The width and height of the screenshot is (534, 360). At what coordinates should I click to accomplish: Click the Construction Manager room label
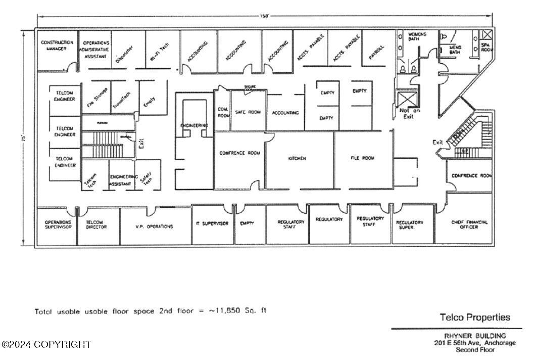click(57, 46)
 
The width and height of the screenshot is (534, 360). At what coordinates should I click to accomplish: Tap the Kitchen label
click(297, 159)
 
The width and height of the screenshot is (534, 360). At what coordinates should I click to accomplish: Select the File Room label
click(363, 158)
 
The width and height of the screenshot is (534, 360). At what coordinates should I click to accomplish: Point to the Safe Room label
click(248, 112)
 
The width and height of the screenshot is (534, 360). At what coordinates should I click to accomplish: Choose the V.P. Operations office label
click(154, 227)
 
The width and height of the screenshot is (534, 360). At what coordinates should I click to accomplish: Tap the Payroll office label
click(377, 52)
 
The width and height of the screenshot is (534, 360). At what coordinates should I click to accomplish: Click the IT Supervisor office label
click(212, 223)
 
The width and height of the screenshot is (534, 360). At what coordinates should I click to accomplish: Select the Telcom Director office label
click(96, 224)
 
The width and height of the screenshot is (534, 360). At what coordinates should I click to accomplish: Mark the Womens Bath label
click(417, 37)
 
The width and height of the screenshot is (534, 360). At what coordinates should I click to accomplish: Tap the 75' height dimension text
click(23, 137)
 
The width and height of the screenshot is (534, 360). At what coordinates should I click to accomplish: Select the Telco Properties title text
click(475, 318)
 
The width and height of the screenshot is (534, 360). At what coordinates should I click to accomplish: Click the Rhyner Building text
click(475, 336)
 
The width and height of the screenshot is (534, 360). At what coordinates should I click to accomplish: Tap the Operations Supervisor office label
click(58, 224)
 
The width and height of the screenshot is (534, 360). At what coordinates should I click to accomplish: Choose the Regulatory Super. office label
click(409, 225)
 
